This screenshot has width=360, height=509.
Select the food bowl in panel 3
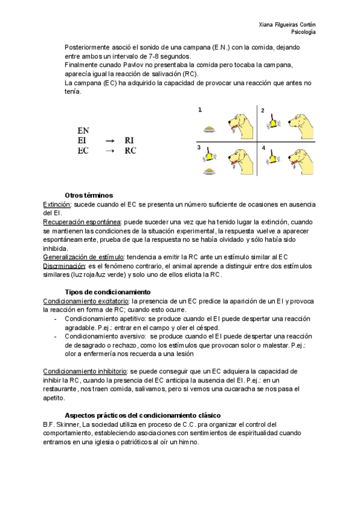click(209, 172)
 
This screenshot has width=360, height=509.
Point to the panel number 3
click(199, 147)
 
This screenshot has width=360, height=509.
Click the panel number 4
click(263, 146)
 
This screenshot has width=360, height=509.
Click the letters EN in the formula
click(83, 130)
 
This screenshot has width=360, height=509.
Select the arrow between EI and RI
click(109, 140)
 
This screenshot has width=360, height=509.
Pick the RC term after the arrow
click(130, 151)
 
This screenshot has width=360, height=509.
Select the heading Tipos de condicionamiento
click(99, 292)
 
